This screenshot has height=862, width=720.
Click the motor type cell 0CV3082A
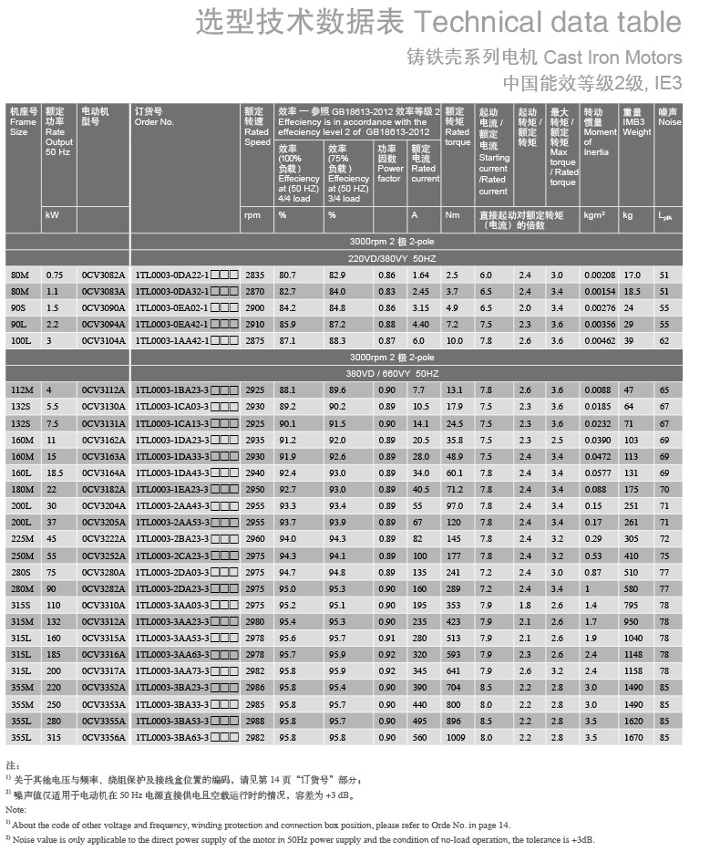[103, 275]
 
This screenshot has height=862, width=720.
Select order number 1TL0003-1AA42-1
[172, 339]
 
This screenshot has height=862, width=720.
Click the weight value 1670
[633, 737]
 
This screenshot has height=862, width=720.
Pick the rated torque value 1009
[455, 737]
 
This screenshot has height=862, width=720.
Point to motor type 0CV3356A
[103, 737]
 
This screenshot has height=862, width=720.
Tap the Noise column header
[669, 117]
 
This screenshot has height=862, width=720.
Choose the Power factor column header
[389, 163]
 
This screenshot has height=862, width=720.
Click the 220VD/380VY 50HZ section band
[406, 258]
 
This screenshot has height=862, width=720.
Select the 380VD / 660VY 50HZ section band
[406, 373]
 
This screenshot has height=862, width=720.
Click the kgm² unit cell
[595, 216]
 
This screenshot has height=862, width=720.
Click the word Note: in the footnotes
[15, 809]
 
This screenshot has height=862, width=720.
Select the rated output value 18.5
[55, 473]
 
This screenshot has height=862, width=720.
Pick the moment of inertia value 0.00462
[600, 339]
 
